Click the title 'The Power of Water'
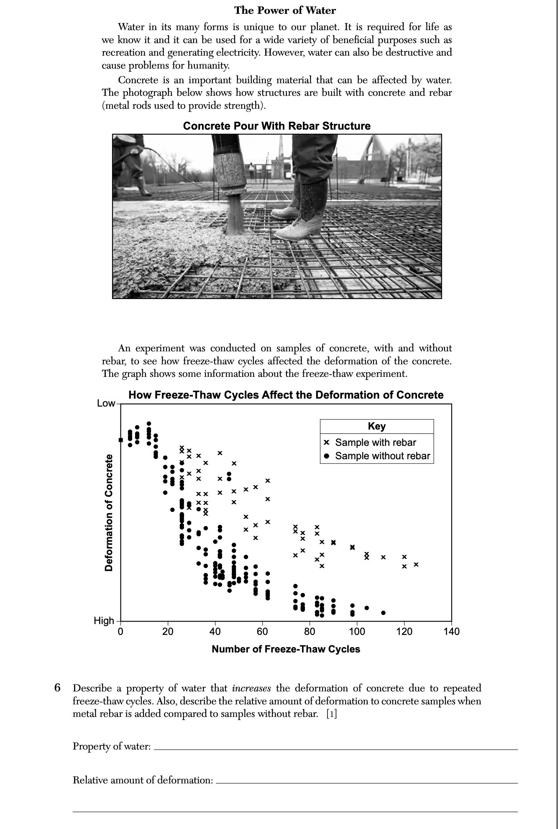(x=285, y=10)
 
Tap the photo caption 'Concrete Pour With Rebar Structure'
(x=276, y=126)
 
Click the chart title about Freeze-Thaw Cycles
(x=286, y=395)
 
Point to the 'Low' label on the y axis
(x=105, y=404)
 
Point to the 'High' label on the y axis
(x=104, y=621)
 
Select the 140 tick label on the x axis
(x=451, y=632)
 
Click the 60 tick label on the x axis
(x=262, y=632)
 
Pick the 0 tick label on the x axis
(x=120, y=632)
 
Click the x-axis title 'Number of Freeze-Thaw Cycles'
(x=286, y=649)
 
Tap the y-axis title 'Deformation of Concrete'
(x=109, y=512)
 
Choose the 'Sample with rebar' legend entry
(x=375, y=443)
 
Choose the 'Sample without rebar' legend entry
(x=382, y=456)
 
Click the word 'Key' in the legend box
(x=376, y=426)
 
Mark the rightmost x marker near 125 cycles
(x=416, y=565)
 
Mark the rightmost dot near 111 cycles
(x=383, y=613)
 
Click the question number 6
(x=58, y=688)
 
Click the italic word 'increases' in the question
(x=251, y=688)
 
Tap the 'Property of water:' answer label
(x=112, y=746)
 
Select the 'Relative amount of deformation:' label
(x=143, y=780)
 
